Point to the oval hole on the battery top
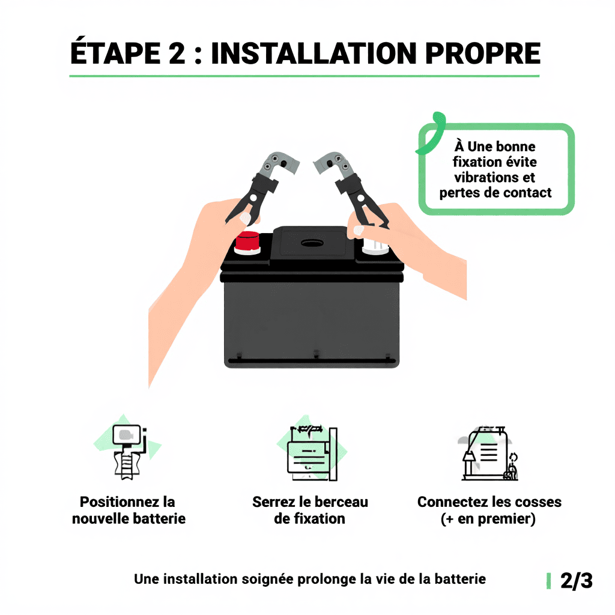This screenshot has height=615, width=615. [312, 243]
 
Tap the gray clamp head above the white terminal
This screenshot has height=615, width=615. [334, 161]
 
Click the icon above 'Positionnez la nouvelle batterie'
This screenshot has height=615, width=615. [127, 450]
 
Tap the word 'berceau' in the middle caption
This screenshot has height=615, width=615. [338, 502]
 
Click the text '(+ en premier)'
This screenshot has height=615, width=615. [488, 519]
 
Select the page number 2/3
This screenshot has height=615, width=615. [576, 581]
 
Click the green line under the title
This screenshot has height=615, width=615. [304, 76]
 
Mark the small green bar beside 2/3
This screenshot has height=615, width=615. [548, 581]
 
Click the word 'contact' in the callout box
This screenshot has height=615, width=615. [527, 193]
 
